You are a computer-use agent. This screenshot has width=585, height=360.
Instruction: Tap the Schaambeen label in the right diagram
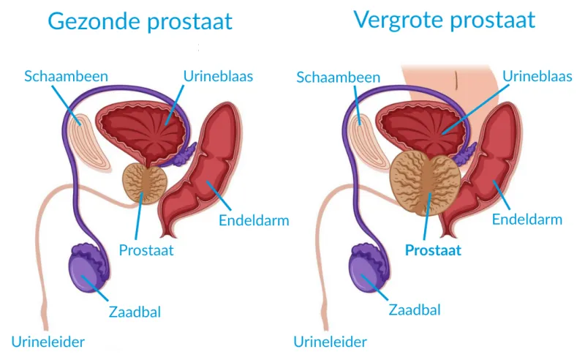click(338, 76)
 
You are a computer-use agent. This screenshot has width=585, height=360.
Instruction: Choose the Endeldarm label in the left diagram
click(254, 220)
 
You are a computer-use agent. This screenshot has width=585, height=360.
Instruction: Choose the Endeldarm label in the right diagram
click(526, 219)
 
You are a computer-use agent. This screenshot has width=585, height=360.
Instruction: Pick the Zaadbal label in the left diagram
click(134, 312)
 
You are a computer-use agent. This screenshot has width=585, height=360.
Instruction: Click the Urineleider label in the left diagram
click(48, 341)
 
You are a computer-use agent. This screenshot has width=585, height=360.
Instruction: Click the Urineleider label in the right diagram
click(330, 341)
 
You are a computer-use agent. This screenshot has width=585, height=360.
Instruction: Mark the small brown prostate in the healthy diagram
click(144, 183)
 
